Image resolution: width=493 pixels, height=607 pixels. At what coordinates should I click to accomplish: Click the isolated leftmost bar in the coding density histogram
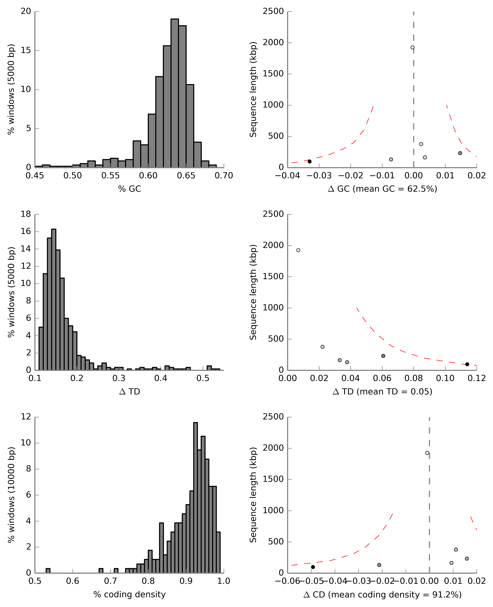click(x=48, y=571)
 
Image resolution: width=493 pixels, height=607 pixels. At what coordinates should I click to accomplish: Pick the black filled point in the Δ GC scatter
click(x=310, y=162)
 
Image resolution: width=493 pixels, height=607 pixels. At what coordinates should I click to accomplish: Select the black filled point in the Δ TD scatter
click(x=467, y=364)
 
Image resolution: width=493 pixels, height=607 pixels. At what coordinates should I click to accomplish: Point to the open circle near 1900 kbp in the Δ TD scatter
click(x=298, y=250)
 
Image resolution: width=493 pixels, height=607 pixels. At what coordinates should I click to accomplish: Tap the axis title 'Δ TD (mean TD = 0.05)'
click(x=382, y=392)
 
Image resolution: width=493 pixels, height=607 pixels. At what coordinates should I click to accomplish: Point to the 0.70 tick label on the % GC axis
click(x=224, y=176)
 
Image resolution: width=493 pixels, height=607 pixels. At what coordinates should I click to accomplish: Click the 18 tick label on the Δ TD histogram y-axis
click(x=26, y=214)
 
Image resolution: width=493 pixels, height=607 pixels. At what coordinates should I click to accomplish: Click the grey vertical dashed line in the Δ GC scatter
click(x=413, y=85)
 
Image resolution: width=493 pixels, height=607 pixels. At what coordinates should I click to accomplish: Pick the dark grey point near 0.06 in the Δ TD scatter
click(x=383, y=356)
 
